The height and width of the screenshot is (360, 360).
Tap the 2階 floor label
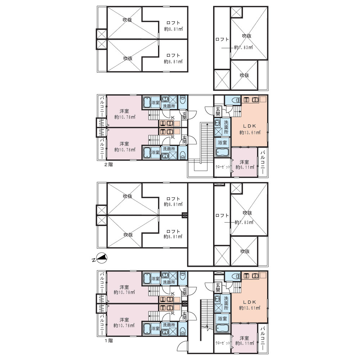(109, 165)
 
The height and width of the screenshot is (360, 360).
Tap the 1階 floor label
(109, 341)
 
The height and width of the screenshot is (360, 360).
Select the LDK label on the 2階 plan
(249, 126)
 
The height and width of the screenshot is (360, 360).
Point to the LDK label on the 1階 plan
(249, 302)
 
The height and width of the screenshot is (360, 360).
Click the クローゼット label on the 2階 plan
(222, 167)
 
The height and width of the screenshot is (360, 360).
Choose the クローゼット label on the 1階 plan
(222, 343)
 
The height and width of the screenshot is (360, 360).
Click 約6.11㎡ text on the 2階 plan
(245, 167)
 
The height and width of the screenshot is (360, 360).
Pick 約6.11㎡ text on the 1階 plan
(245, 343)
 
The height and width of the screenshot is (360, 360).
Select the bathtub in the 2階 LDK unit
(222, 152)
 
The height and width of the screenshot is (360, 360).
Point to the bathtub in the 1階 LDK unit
(222, 328)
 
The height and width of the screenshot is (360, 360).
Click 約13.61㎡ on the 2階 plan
(250, 132)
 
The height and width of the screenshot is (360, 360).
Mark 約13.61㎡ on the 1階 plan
(249, 308)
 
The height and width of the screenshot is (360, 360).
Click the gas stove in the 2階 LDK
(247, 100)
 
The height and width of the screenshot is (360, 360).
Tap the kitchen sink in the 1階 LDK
(255, 276)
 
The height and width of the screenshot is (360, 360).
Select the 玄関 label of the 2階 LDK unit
(218, 111)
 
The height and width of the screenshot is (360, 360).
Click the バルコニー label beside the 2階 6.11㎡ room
(263, 162)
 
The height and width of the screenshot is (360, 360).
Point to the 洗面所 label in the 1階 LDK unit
(226, 303)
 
